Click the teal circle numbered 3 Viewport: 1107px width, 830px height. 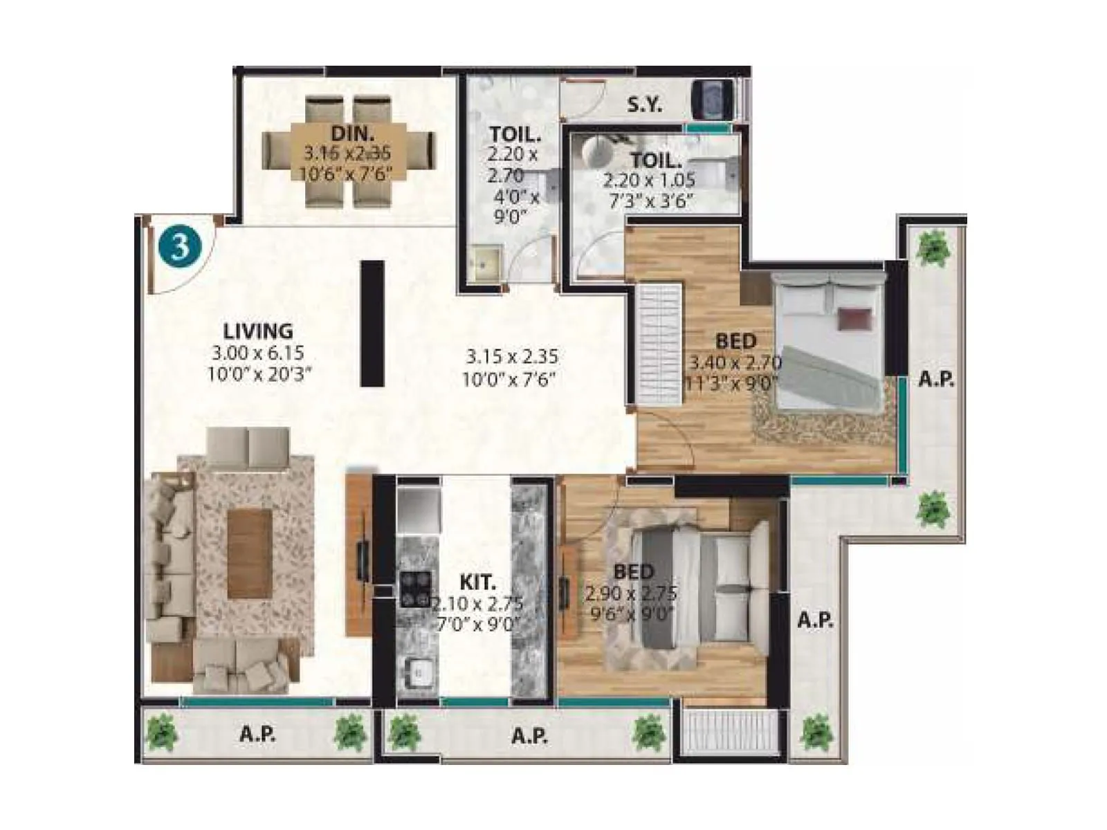click(x=180, y=246)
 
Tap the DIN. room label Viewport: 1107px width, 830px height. click(x=353, y=133)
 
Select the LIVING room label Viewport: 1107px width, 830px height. click(x=258, y=331)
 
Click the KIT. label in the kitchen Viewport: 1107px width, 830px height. click(x=477, y=582)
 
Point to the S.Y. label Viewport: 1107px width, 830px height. click(x=645, y=105)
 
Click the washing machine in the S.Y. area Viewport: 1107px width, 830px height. click(x=713, y=100)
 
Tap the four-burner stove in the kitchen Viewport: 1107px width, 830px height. click(x=415, y=589)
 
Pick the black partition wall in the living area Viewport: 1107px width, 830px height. click(x=372, y=323)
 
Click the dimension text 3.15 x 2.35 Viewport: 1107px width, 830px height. click(x=511, y=357)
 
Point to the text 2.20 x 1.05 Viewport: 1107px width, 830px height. click(x=649, y=181)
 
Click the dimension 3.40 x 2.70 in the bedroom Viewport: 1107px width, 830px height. click(x=735, y=362)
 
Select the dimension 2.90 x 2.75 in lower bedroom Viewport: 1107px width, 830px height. click(x=631, y=593)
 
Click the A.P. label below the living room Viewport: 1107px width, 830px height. click(x=257, y=735)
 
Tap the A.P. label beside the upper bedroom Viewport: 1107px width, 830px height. click(x=936, y=379)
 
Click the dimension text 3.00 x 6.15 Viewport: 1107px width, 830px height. click(x=258, y=353)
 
